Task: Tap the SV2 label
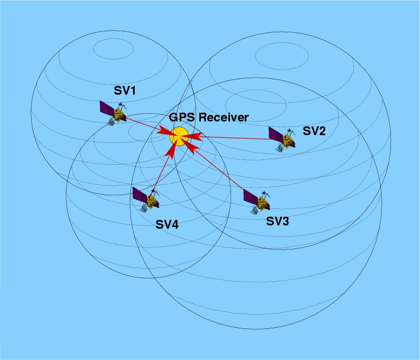point(314,131)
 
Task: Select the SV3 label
point(277,222)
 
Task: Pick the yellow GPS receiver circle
point(179,136)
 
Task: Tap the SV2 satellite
point(282,137)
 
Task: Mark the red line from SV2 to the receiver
point(235,138)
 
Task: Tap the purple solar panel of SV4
point(140,195)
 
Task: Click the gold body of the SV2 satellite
point(286,140)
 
